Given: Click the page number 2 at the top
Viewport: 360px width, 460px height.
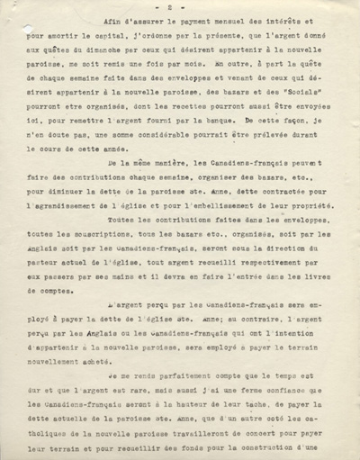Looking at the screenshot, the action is tap(179, 15).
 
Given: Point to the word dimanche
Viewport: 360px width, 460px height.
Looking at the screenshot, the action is tap(125, 75).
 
